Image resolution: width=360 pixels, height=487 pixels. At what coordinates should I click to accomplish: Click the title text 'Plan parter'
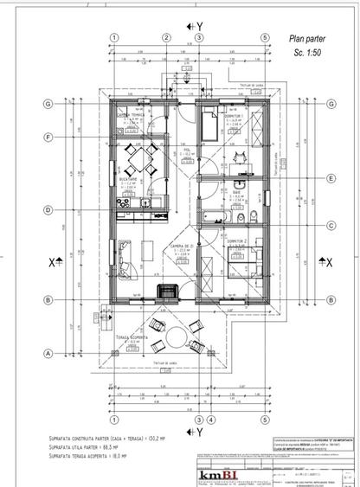point(311,39)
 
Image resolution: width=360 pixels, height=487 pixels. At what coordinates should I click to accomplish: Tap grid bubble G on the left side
point(48,103)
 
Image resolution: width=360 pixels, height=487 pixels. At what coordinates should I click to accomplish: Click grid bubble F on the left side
point(48,138)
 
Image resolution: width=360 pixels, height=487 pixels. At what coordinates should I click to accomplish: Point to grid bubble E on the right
point(331,179)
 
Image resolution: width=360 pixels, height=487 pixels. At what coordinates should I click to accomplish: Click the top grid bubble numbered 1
point(113,37)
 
